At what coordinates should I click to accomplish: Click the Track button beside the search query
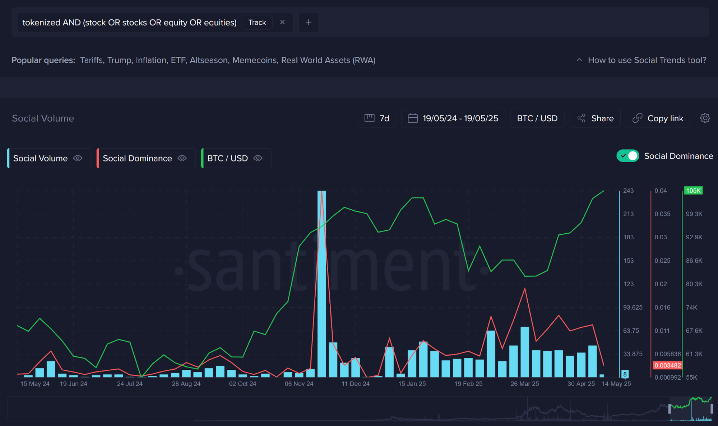pyautogui.click(x=257, y=23)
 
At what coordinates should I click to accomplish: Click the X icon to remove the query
pyautogui.click(x=282, y=22)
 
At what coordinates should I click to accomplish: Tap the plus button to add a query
pyautogui.click(x=308, y=23)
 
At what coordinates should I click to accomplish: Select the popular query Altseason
pyautogui.click(x=209, y=60)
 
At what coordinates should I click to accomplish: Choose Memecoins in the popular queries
pyautogui.click(x=254, y=60)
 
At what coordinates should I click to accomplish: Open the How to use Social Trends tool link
pyautogui.click(x=647, y=60)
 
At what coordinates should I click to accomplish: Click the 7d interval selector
pyautogui.click(x=377, y=118)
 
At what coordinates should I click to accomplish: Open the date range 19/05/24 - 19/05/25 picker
pyautogui.click(x=453, y=118)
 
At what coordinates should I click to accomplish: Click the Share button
pyautogui.click(x=595, y=118)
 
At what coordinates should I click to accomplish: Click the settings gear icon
pyautogui.click(x=705, y=118)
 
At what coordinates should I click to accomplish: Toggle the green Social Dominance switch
pyautogui.click(x=627, y=156)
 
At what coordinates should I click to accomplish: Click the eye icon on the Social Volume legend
pyautogui.click(x=78, y=158)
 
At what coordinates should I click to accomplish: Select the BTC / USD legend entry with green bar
pyautogui.click(x=227, y=158)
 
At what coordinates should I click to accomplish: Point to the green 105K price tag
pyautogui.click(x=693, y=191)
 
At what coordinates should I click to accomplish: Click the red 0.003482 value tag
pyautogui.click(x=667, y=365)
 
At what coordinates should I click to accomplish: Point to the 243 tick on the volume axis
pyautogui.click(x=628, y=191)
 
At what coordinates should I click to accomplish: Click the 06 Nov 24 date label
pyautogui.click(x=299, y=384)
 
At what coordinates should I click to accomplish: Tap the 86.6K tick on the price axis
pyautogui.click(x=694, y=261)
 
